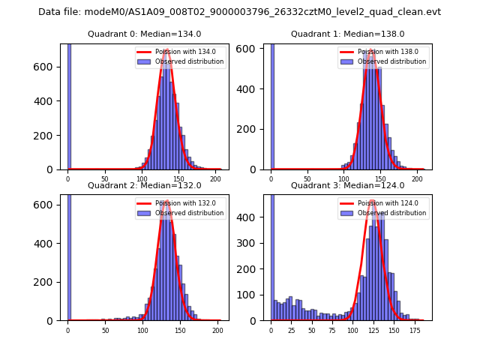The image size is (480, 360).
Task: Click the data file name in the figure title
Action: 270,12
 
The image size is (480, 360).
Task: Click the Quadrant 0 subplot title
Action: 144,34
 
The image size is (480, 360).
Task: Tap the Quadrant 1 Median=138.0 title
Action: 347,34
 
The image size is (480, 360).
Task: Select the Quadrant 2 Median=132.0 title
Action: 144,185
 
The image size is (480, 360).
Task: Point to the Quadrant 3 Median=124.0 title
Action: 347,185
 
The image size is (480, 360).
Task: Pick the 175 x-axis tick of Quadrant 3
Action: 414,330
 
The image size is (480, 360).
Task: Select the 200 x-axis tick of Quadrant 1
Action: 416,179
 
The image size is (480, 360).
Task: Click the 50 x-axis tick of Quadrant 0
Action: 104,179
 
